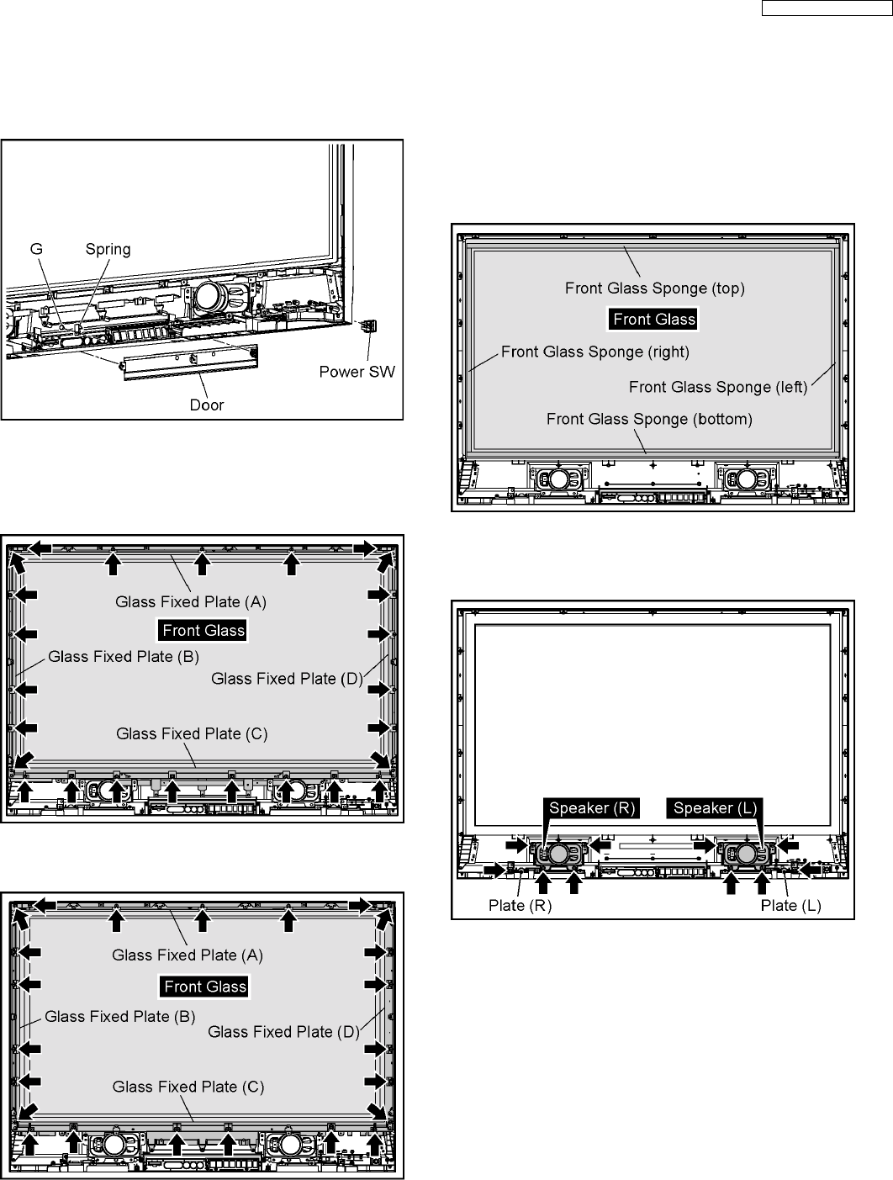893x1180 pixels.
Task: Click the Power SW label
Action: [357, 372]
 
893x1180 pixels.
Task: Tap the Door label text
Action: [207, 405]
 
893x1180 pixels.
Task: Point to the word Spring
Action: [108, 250]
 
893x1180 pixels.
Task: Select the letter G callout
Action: [35, 250]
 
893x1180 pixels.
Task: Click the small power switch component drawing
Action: [367, 328]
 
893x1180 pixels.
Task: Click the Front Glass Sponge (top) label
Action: [654, 288]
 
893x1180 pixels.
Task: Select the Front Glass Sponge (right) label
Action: [594, 352]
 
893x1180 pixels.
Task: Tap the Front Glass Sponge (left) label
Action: [717, 387]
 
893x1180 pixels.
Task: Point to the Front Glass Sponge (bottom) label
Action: [649, 419]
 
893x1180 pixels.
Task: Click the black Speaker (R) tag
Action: [590, 808]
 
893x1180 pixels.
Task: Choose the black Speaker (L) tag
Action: [715, 808]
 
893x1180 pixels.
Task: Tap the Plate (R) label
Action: [520, 906]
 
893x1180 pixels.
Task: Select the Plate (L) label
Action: [790, 906]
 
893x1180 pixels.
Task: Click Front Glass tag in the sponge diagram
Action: [653, 319]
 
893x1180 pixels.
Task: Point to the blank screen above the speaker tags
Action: [653, 715]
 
